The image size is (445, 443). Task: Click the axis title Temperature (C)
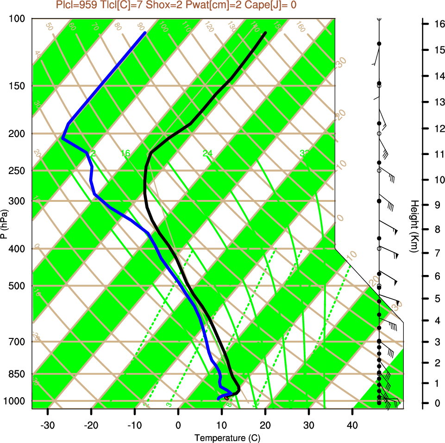coord(224,437)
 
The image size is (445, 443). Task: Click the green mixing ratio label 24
coord(207,153)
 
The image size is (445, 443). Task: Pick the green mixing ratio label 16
coord(125,153)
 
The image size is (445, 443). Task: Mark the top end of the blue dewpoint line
coord(145,33)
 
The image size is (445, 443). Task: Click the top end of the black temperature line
coord(265,33)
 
